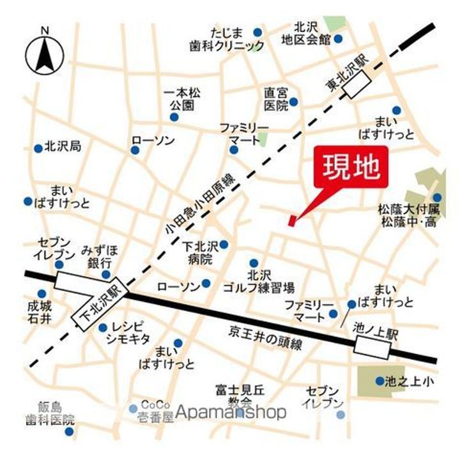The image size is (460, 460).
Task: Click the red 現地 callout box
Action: [351, 167]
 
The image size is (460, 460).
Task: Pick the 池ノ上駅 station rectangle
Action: [373, 346]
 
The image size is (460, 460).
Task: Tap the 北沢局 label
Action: [63, 147]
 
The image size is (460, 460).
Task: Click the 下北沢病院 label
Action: [201, 252]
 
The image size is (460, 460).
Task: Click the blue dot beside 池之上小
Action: [379, 381]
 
